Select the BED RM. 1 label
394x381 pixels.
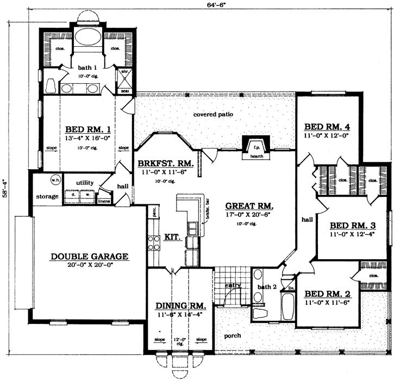(x=88, y=130)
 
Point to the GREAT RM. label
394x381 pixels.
(x=249, y=206)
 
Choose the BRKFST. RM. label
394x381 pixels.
(x=162, y=163)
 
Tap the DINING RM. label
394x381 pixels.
(x=180, y=307)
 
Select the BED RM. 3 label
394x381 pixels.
(x=352, y=226)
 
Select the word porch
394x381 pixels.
(x=233, y=335)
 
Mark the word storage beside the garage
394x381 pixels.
(x=47, y=196)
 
